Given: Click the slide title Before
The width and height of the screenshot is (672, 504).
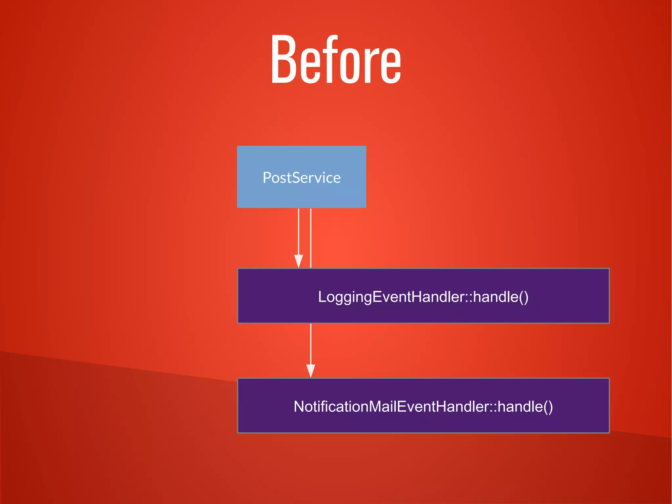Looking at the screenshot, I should click(336, 59).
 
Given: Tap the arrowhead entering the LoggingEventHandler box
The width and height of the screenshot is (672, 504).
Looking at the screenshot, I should click(299, 261).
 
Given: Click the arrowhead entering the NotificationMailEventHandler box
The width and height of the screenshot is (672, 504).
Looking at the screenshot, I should click(311, 371).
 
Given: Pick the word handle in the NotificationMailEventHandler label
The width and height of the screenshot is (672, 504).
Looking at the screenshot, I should click(520, 406).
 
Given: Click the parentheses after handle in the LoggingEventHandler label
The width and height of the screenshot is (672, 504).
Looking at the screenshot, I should click(524, 297).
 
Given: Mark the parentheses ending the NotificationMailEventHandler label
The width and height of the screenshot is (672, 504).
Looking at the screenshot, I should click(548, 406).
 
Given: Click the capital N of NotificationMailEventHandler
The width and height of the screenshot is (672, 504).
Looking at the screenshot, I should click(299, 406).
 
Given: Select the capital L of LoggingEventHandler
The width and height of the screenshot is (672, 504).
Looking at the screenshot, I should click(322, 297).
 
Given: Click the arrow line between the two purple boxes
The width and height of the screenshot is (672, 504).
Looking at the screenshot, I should click(311, 345).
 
